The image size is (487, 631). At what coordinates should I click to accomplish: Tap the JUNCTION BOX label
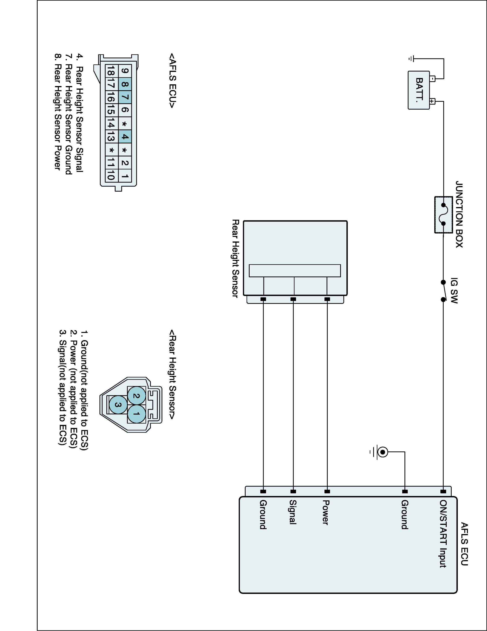[459, 214]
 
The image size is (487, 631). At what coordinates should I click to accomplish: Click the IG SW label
[454, 291]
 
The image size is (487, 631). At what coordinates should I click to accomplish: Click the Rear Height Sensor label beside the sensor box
[236, 258]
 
